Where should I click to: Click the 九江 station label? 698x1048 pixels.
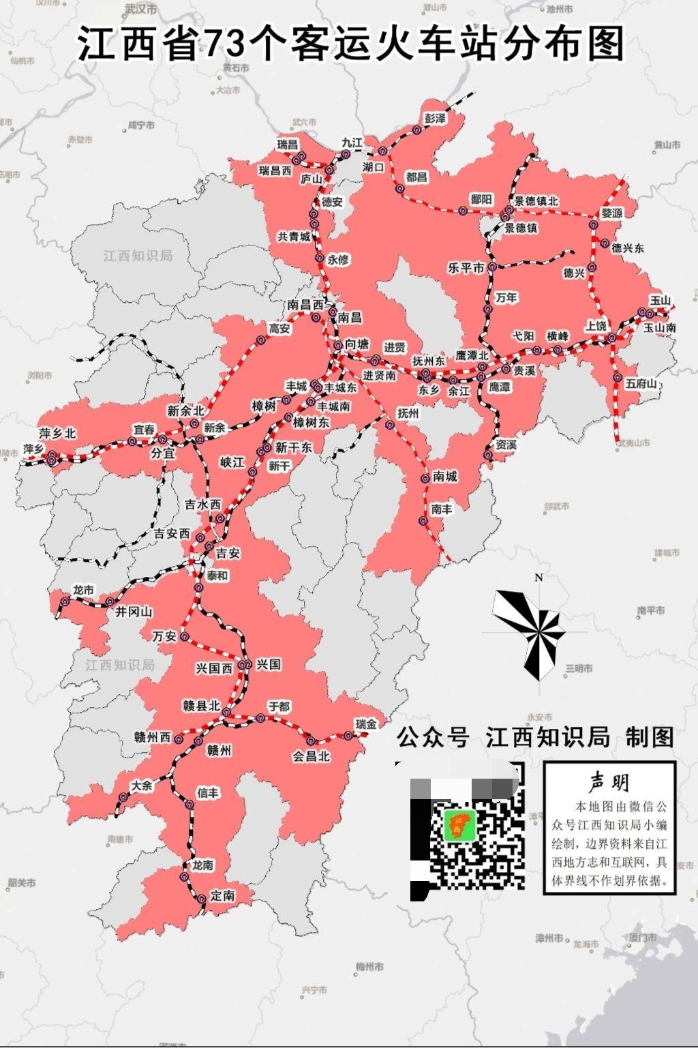[352, 143]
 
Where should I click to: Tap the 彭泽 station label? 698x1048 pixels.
[435, 119]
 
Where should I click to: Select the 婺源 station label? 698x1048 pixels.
[611, 213]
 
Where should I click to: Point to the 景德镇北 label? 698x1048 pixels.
[536, 201]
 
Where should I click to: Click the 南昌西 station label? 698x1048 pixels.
[305, 305]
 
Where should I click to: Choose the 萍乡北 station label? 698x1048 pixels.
[58, 433]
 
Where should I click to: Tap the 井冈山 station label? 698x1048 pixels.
[134, 612]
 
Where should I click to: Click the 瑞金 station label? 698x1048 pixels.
[365, 724]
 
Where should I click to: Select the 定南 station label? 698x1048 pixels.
[223, 895]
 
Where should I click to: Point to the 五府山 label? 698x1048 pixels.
[641, 384]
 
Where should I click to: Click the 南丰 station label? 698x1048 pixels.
[441, 509]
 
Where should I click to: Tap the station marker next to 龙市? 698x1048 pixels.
[65, 601]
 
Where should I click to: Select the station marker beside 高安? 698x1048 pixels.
[260, 340]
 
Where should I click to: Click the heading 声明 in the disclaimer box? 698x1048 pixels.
[609, 782]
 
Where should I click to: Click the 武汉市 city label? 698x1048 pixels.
[141, 10]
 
